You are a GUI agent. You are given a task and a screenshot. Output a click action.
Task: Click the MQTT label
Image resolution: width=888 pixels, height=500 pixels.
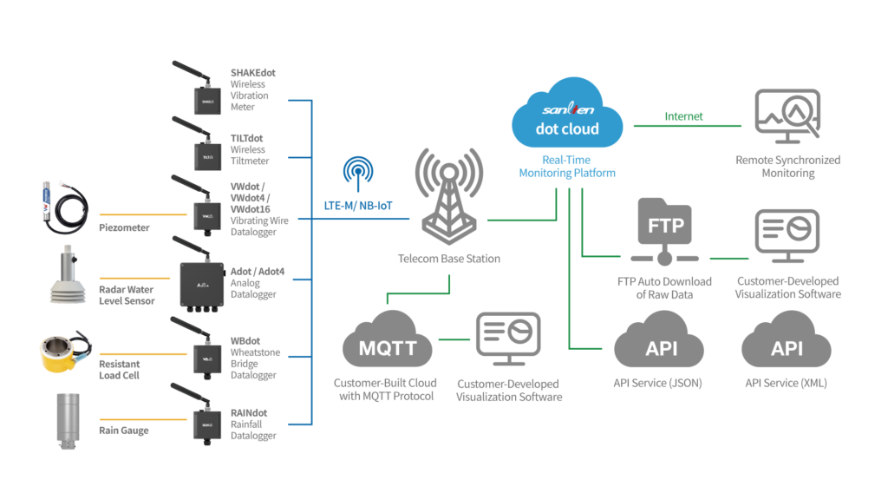click(388, 349)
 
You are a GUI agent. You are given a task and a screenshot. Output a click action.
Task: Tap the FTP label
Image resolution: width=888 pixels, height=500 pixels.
click(666, 226)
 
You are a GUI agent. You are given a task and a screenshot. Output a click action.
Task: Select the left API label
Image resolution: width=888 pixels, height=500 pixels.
click(662, 349)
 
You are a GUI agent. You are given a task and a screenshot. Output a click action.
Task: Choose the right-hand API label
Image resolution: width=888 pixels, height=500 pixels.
click(787, 349)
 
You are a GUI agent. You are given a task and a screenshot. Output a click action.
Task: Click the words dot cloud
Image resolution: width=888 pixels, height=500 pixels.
click(567, 129)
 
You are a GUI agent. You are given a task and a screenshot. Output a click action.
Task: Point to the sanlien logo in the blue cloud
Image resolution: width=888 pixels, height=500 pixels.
click(567, 110)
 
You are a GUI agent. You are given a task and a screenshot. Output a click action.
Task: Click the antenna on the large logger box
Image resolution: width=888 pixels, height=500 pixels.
click(188, 247)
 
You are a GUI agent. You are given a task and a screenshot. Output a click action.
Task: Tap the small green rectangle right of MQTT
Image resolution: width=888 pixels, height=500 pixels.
click(456, 347)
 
